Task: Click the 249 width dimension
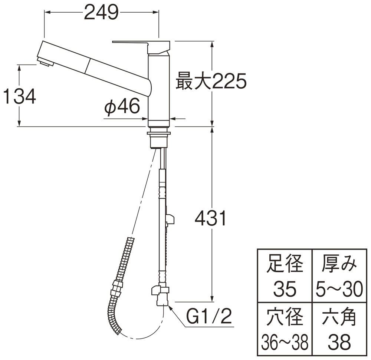coord(101,13)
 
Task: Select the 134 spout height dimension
coord(19,97)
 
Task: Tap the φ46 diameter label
coord(122,108)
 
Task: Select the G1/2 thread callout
coord(209,318)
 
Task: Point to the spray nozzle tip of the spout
coord(45,63)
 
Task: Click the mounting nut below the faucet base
coord(159,140)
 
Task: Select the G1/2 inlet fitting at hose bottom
coord(160,295)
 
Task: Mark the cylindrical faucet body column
coord(159,89)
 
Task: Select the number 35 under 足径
coord(285,289)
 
